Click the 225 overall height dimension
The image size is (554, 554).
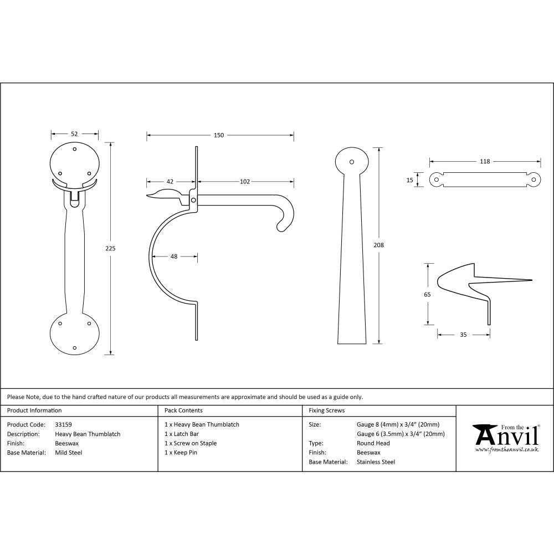(110, 248)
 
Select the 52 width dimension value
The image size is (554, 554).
(74, 134)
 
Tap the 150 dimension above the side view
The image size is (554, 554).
(219, 135)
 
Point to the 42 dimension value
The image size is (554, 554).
(170, 181)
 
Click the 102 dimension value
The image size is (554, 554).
(245, 181)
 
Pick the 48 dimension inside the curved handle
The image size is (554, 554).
(174, 256)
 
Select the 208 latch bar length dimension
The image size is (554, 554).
(379, 244)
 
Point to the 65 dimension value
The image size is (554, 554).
(427, 294)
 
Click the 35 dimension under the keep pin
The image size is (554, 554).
(463, 335)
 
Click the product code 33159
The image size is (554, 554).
(64, 424)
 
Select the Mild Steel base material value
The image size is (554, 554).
(69, 453)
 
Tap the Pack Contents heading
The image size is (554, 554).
(183, 411)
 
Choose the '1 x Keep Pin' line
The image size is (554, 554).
(181, 453)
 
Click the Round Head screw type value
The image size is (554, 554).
(373, 443)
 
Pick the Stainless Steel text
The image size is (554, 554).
(376, 462)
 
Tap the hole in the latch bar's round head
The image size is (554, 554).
(351, 162)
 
